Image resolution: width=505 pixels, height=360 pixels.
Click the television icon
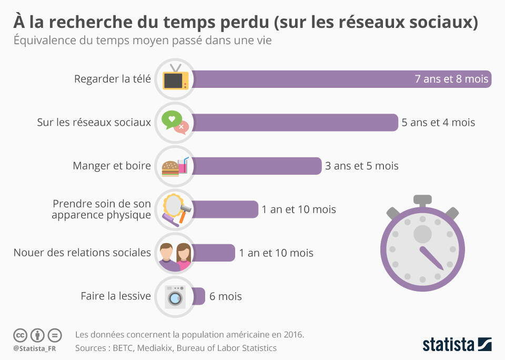point(176,77)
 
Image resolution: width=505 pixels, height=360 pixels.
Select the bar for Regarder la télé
point(341,79)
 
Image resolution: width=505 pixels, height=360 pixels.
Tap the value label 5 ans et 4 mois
point(438,123)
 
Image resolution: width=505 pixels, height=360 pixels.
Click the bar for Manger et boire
point(257,166)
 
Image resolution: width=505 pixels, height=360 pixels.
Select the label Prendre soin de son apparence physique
point(101,209)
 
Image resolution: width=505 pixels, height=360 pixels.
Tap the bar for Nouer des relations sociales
point(214,253)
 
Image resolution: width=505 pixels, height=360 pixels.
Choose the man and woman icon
point(176,256)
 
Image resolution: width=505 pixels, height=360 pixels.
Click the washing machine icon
point(175,297)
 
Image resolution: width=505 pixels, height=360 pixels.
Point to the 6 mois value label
point(226,296)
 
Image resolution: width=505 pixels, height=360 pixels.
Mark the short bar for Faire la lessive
point(198,296)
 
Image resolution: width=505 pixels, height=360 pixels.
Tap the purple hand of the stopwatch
point(431,258)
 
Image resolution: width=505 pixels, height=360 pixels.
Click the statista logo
point(457,344)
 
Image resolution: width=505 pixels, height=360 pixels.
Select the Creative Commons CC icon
point(21,335)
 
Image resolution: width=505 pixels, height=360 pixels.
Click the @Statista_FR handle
point(35,349)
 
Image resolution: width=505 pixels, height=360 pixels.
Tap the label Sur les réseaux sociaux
point(94,123)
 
